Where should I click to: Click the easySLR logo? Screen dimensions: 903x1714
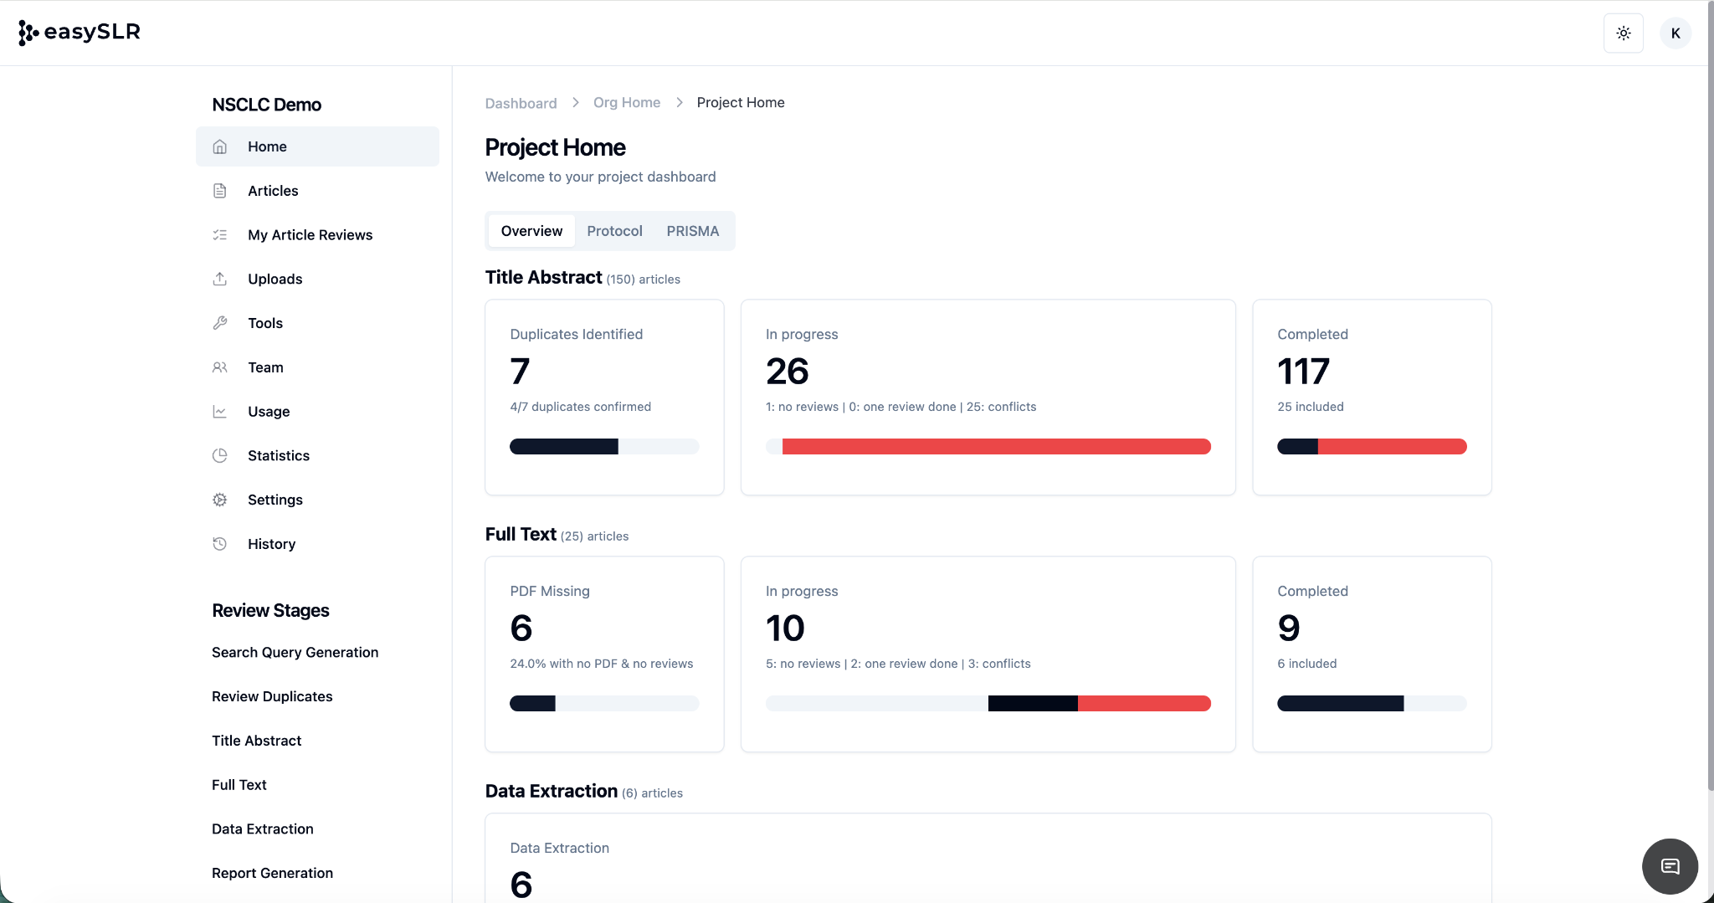point(79,33)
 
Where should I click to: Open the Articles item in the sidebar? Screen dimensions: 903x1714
point(273,191)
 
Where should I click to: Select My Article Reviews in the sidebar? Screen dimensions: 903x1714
point(310,235)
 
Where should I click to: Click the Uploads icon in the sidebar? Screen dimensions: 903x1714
point(220,279)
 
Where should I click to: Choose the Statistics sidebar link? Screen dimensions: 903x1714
point(278,455)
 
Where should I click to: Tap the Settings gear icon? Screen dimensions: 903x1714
point(220,500)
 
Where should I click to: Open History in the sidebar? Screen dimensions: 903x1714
point(271,544)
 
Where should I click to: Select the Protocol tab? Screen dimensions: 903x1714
point(614,231)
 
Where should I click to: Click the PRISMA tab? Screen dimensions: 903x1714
point(692,231)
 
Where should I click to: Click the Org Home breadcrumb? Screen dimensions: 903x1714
point(627,102)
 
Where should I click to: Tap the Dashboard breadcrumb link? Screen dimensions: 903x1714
point(521,103)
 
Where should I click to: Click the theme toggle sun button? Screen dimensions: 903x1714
point(1623,33)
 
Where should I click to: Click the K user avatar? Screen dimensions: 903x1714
point(1675,33)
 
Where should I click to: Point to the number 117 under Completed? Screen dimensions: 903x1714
point(1303,372)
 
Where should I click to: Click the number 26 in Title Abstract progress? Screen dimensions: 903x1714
point(787,372)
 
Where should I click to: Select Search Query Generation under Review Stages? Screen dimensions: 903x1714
point(295,652)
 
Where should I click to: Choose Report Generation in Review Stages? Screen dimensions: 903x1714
point(272,873)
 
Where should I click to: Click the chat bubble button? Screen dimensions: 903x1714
point(1670,866)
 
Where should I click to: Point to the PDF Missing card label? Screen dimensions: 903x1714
point(550,591)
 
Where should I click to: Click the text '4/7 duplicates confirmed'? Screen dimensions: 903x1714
point(580,407)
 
